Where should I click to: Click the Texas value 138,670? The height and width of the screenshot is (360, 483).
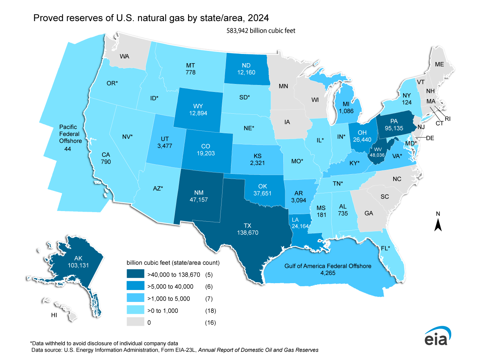tap(247, 233)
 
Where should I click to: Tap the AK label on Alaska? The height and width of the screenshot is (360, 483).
tap(78, 258)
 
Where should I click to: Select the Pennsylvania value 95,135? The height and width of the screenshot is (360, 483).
tap(394, 128)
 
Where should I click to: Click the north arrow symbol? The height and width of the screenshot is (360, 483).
tap(438, 225)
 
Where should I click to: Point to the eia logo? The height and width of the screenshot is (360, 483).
tap(437, 336)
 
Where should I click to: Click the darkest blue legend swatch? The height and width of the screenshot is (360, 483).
tap(135, 274)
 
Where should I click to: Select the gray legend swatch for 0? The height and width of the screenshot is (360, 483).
tap(135, 322)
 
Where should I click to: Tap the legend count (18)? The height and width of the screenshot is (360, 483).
tap(210, 310)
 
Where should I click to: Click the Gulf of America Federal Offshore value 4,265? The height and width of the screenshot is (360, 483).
tap(328, 273)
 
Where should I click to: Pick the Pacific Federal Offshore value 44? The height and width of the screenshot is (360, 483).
tap(68, 149)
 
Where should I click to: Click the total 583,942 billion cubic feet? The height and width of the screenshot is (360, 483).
tap(261, 31)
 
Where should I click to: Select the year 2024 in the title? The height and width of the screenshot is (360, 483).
tap(258, 18)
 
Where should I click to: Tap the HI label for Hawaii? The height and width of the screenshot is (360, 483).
tap(54, 315)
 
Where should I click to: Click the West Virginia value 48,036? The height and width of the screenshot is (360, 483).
tap(377, 155)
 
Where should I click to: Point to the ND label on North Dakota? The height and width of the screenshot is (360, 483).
tap(246, 66)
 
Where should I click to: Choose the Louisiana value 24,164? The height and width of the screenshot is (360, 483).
tap(300, 226)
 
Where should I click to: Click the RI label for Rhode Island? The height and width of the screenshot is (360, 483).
tap(448, 119)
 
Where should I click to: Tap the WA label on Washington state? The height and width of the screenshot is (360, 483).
tap(124, 56)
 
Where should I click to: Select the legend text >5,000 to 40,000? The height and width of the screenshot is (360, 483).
tap(170, 287)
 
